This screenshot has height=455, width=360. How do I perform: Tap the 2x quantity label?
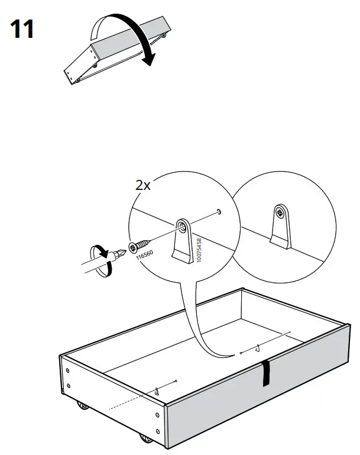click(142, 185)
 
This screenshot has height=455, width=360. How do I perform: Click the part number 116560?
click(144, 255)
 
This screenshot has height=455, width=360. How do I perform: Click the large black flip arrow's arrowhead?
click(150, 59)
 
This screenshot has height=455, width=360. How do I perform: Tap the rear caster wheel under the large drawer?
click(81, 408)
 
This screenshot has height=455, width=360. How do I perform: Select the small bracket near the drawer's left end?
click(157, 391)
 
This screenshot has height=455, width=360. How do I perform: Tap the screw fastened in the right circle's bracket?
click(279, 212)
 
